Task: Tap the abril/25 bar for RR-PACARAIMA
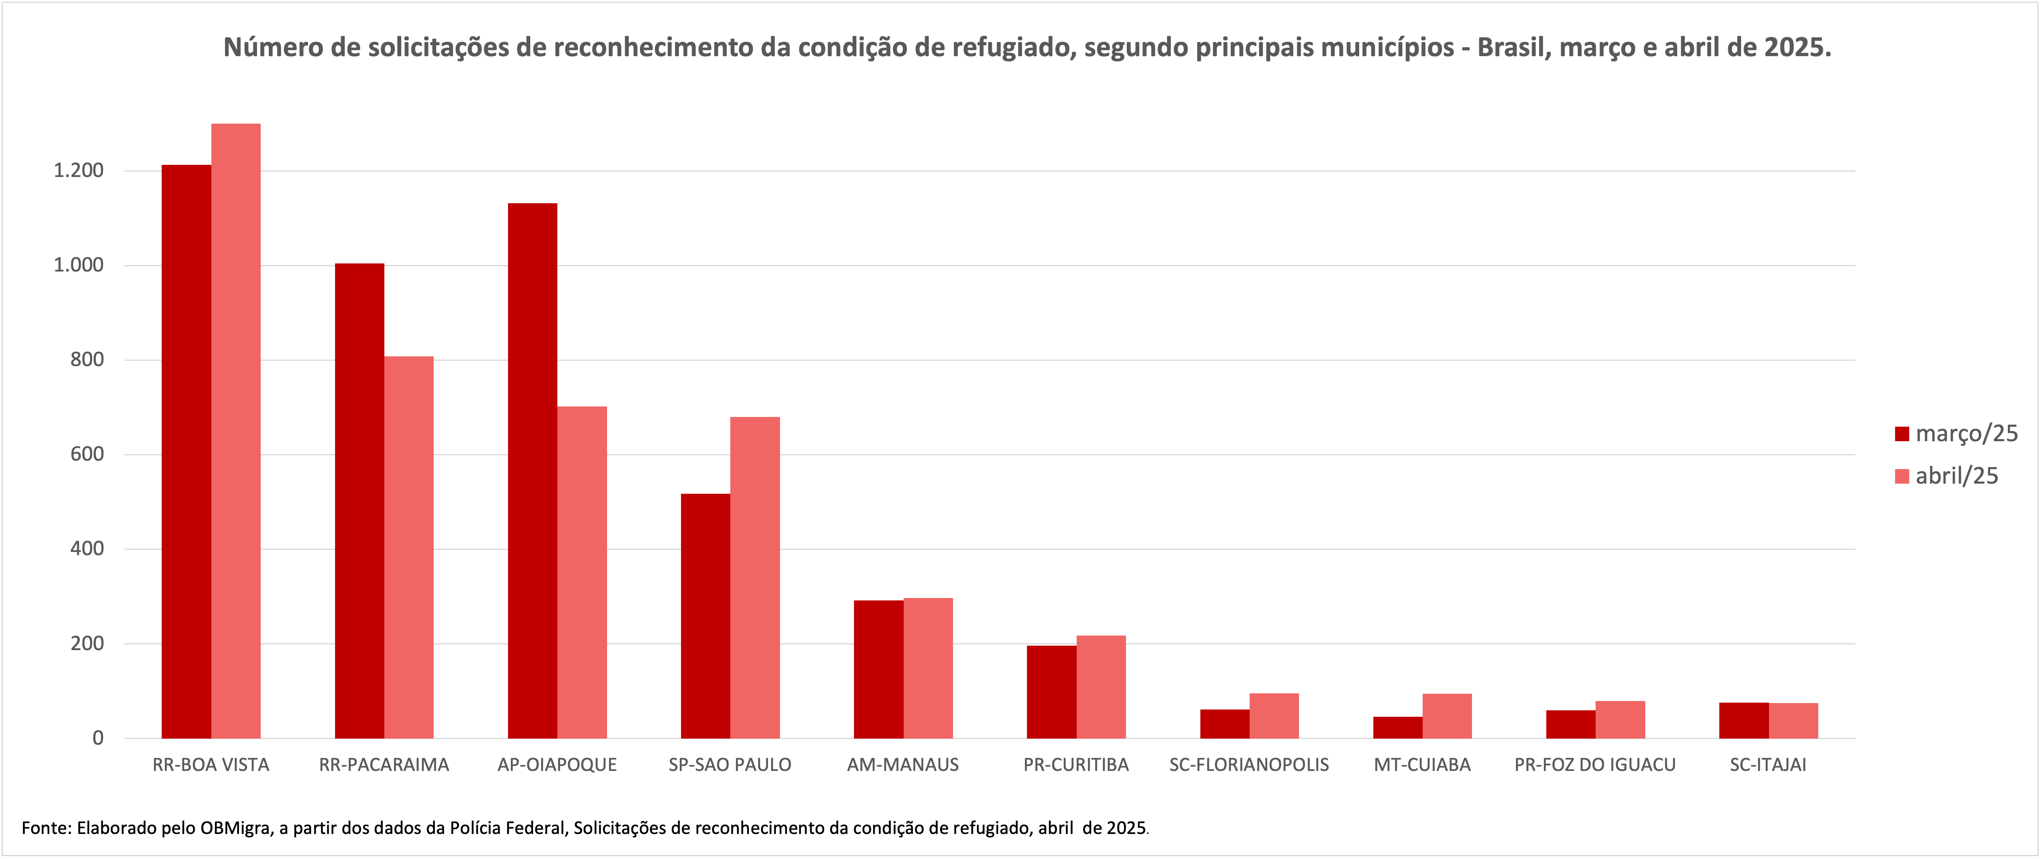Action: coord(409,547)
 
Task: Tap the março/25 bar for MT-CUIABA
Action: coord(1398,727)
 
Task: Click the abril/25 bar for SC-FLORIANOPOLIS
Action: coord(1274,716)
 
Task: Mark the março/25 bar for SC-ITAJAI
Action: coord(1744,720)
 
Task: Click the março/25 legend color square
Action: coord(1902,434)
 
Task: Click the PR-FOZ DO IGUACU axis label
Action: coord(1595,765)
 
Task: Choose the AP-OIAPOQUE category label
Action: coord(557,765)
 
